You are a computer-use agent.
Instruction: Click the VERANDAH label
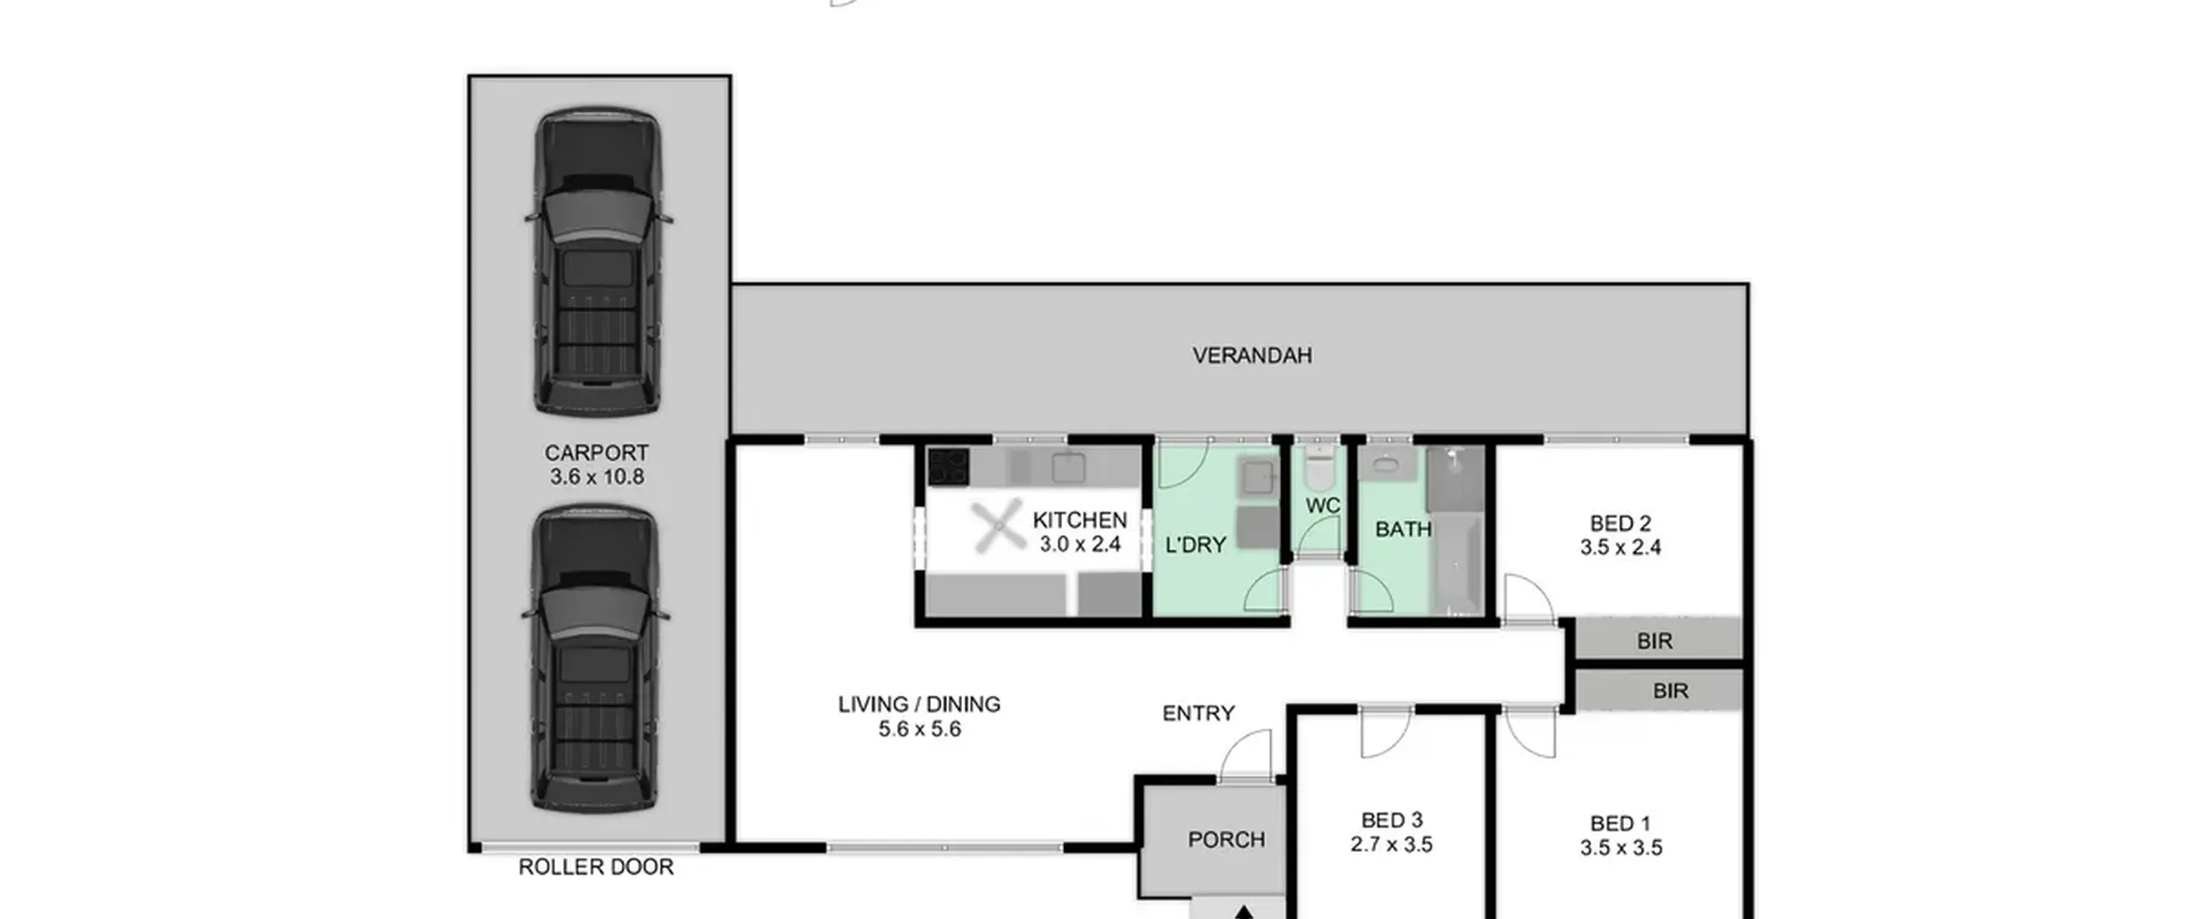click(1252, 356)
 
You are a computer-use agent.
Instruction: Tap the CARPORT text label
click(597, 453)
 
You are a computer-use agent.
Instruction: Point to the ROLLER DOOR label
click(596, 867)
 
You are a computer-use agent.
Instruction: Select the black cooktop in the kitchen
click(948, 467)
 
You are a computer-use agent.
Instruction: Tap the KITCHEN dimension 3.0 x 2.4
click(1080, 545)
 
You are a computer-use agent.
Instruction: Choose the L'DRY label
click(1195, 545)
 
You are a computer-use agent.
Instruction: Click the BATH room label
click(1403, 530)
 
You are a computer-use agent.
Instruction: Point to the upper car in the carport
click(598, 262)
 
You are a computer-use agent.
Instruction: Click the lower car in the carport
click(596, 658)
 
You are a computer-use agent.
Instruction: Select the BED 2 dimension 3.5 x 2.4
click(1620, 548)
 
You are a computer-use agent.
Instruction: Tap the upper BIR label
click(1655, 641)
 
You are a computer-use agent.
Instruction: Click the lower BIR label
click(1670, 691)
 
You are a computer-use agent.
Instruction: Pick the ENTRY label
click(1198, 713)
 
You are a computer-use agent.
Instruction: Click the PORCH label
click(1226, 839)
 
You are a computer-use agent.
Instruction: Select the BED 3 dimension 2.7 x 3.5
click(1391, 845)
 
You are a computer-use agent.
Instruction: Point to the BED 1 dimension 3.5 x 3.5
click(1621, 848)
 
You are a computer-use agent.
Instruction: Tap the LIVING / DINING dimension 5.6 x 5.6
click(919, 729)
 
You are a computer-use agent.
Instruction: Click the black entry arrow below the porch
click(1244, 911)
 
